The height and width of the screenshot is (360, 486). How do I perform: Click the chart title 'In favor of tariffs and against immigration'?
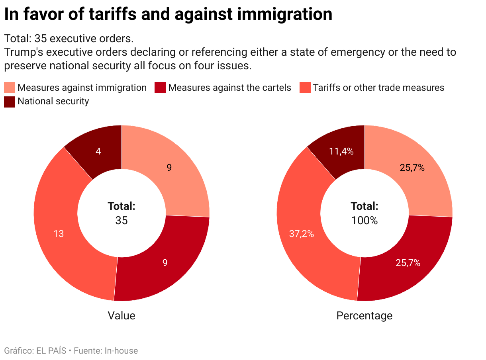168,14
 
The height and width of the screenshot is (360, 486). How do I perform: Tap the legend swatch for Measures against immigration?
10,88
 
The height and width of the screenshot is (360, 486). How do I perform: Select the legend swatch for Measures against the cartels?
160,88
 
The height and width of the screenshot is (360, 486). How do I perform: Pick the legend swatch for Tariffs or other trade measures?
305,88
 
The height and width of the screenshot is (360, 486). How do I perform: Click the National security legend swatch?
10,101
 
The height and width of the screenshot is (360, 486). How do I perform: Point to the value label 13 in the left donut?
59,234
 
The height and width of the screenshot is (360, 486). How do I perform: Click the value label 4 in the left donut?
98,151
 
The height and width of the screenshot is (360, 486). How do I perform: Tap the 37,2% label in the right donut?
302,234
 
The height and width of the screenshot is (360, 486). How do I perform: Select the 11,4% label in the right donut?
341,151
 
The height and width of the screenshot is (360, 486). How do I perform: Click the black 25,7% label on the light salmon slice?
412,168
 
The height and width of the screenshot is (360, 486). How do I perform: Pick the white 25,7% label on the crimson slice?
408,263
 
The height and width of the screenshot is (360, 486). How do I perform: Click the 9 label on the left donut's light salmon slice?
169,168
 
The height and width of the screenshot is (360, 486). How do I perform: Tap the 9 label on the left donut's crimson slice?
165,263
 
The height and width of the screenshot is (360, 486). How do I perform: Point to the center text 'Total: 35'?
121,213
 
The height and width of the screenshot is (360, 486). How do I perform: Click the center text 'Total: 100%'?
364,213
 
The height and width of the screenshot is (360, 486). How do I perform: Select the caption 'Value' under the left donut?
121,316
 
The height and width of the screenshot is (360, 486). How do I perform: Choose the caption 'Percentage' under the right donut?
364,316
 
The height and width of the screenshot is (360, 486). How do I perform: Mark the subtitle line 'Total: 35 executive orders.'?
69,39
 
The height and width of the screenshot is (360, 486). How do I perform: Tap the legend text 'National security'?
53,101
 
